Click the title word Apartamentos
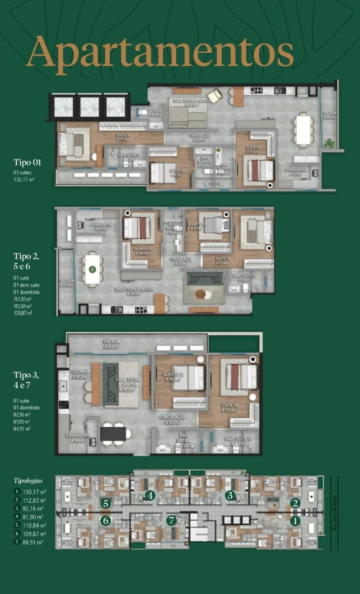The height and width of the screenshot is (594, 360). (160, 52)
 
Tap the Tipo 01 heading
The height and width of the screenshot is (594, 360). (27, 162)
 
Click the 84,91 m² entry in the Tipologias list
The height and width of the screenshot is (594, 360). (34, 542)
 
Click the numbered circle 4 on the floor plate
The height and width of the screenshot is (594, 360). (149, 496)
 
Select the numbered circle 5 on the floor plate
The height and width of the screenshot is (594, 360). (106, 503)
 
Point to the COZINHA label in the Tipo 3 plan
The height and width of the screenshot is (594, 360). (80, 374)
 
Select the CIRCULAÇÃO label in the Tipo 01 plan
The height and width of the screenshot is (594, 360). (202, 137)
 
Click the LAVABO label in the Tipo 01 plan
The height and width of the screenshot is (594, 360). (154, 112)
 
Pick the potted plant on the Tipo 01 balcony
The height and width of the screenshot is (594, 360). (329, 143)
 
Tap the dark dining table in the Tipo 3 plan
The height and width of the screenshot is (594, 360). (113, 433)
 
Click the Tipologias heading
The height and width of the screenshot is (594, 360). (28, 480)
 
